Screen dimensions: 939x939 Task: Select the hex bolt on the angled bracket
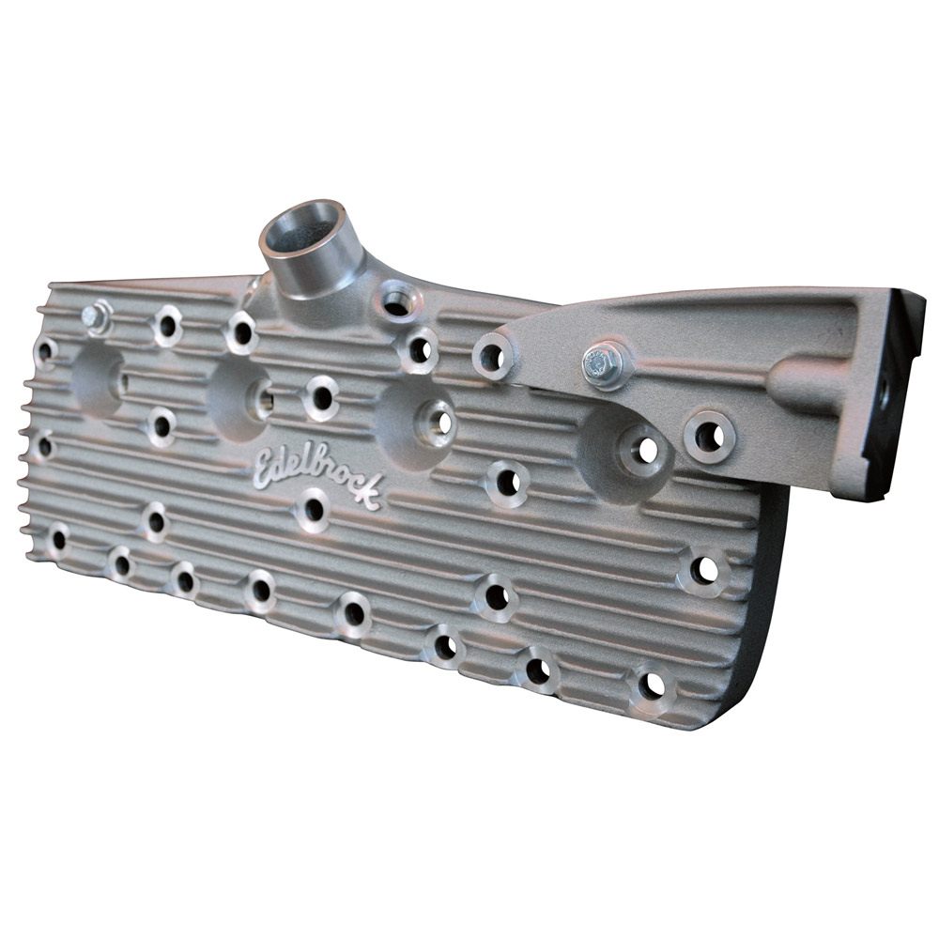pos(601,363)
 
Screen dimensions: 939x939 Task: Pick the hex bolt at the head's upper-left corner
pos(96,316)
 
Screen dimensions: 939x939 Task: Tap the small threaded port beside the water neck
pos(398,300)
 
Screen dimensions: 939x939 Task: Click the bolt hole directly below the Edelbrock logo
pos(313,509)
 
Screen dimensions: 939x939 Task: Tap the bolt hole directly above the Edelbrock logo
pos(321,397)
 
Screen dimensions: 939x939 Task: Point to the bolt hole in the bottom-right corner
pos(651,685)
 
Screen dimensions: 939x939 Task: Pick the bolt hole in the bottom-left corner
pos(58,539)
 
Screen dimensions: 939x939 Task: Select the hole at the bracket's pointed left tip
pos(492,357)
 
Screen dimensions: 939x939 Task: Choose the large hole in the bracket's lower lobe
pos(709,436)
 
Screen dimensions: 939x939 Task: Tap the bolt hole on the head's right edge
pos(704,570)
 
